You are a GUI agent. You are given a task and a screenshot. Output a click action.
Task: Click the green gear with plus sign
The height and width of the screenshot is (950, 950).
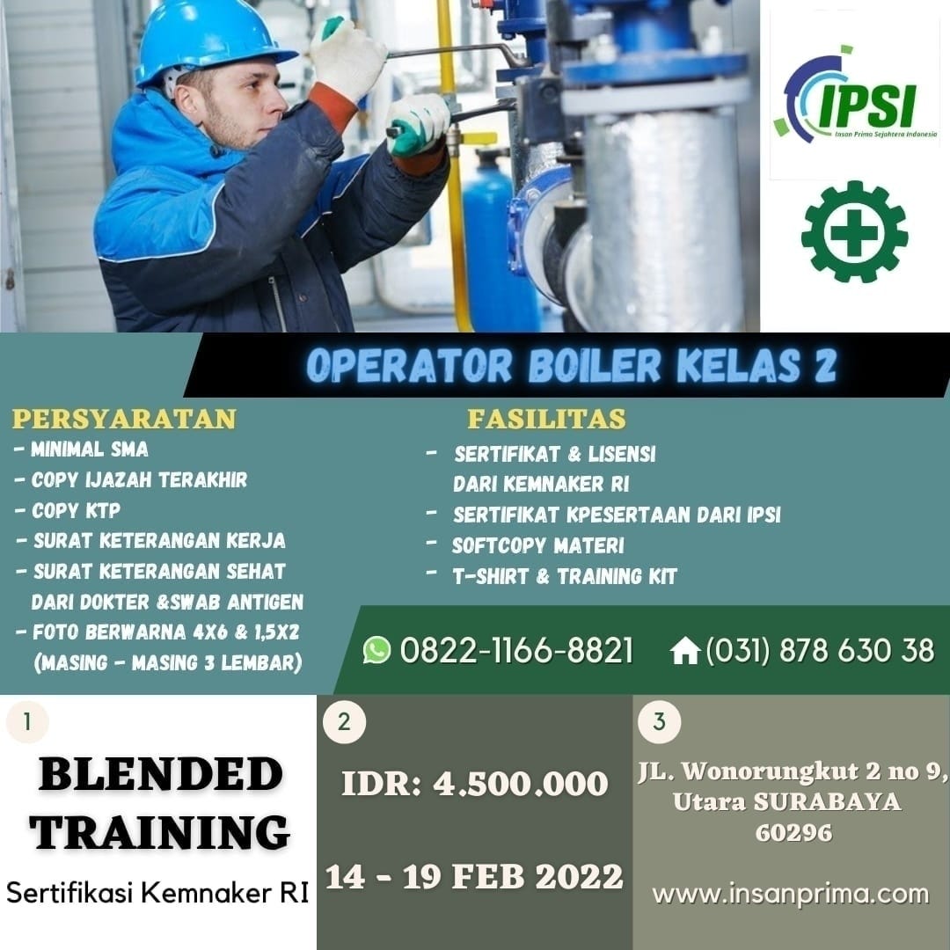(x=854, y=231)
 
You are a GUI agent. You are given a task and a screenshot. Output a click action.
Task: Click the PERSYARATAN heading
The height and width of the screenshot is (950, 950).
(x=124, y=419)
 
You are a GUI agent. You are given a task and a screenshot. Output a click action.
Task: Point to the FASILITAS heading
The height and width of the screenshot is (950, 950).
(x=546, y=419)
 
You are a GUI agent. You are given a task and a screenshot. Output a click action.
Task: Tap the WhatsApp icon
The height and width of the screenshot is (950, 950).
(x=376, y=650)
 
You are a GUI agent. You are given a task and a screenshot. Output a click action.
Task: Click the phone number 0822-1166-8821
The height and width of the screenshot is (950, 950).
(x=516, y=651)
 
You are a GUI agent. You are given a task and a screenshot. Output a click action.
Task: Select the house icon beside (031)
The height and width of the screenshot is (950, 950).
(x=684, y=651)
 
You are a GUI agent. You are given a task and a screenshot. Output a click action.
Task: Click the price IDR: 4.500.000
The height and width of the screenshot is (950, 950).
(x=474, y=784)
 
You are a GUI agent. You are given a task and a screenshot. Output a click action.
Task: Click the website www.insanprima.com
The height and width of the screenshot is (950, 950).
(x=790, y=895)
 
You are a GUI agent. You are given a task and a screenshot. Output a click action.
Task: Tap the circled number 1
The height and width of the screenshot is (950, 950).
(x=27, y=722)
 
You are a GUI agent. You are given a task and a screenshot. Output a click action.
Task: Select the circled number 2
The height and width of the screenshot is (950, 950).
(x=344, y=722)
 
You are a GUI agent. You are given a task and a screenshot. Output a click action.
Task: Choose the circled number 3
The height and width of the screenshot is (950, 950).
(x=660, y=722)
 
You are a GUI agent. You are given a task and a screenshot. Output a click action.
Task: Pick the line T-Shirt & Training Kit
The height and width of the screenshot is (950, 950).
(x=564, y=577)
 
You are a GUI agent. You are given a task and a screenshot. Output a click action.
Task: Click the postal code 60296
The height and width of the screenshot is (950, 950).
(x=793, y=832)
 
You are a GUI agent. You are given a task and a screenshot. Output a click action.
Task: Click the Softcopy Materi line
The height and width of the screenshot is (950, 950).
(x=537, y=545)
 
